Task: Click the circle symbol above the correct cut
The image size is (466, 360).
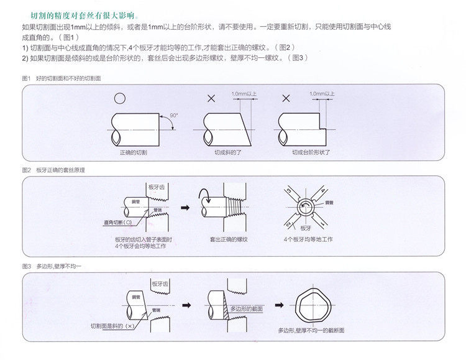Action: pyautogui.click(x=119, y=98)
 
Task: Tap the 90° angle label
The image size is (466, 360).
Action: pyautogui.click(x=173, y=116)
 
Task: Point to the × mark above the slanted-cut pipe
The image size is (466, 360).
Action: pyautogui.click(x=211, y=98)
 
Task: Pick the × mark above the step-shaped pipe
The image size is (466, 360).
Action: pyautogui.click(x=285, y=98)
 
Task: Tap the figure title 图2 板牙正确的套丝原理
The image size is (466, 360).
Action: pyautogui.click(x=53, y=170)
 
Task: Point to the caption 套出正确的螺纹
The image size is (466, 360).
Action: pyautogui.click(x=230, y=239)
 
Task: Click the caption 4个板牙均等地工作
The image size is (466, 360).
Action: pyautogui.click(x=308, y=239)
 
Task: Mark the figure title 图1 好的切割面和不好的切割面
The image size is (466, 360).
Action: pyautogui.click(x=61, y=78)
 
